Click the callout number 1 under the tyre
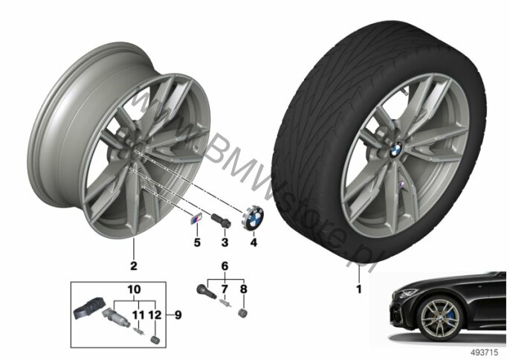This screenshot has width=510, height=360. click(x=359, y=289)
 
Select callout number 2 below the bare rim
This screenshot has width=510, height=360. click(x=134, y=266)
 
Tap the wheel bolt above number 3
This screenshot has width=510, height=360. click(x=222, y=220)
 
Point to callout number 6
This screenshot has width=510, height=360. click(x=225, y=266)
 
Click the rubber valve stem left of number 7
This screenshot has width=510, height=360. click(x=207, y=291)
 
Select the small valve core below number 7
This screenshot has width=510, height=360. click(x=225, y=303)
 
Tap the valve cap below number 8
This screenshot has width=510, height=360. click(x=243, y=313)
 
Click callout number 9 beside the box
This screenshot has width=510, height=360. click(x=178, y=315)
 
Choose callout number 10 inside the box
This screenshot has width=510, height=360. click(x=134, y=289)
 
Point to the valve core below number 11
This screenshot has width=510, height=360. click(x=139, y=331)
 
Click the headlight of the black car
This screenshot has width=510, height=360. click(x=407, y=293)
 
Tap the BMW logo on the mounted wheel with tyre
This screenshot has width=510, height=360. click(x=396, y=150)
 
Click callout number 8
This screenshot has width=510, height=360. click(x=243, y=289)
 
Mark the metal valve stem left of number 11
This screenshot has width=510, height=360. click(x=116, y=318)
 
